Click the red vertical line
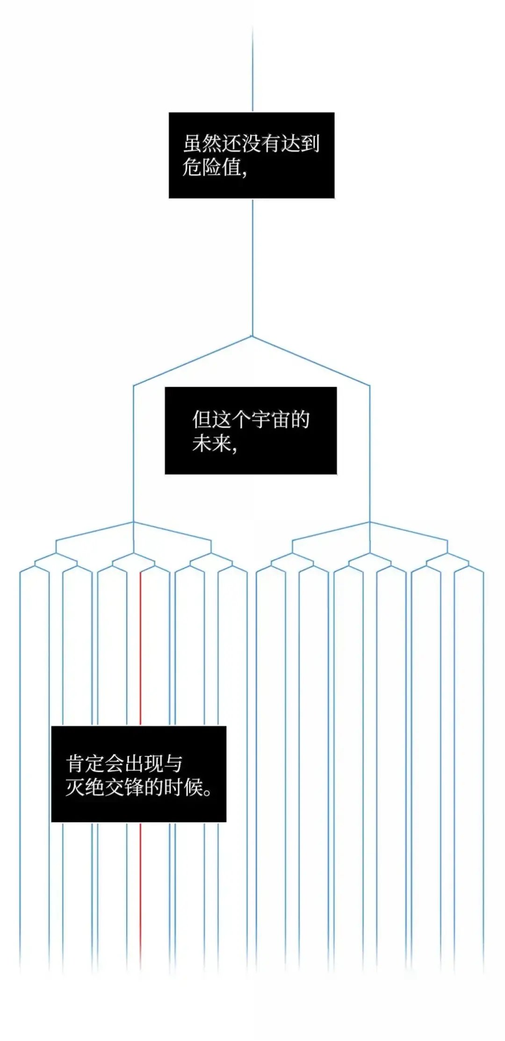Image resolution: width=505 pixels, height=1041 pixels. [140, 654]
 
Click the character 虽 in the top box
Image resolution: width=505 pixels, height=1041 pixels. [192, 144]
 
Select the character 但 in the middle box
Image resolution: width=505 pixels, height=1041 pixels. [202, 419]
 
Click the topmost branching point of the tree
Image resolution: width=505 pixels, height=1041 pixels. [252, 336]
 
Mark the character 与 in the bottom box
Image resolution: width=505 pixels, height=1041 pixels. [173, 764]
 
